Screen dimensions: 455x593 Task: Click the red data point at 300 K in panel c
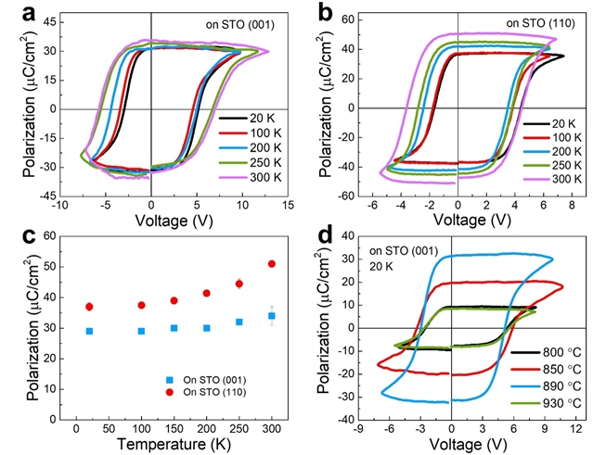272,264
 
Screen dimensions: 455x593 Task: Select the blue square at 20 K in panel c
89,331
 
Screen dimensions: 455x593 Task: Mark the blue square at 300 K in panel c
272,316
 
